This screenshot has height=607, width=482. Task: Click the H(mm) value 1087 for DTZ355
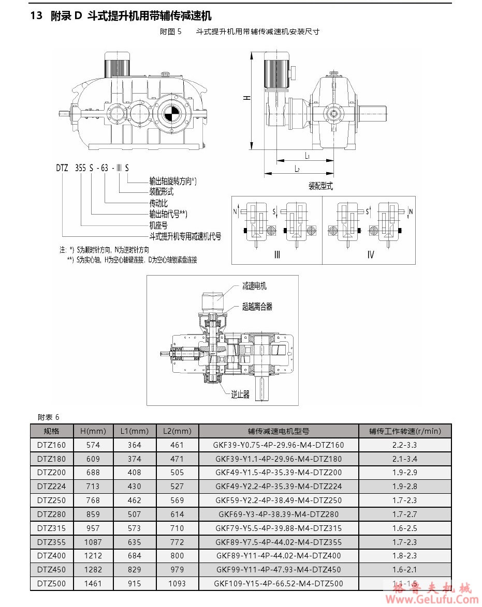click(x=93, y=542)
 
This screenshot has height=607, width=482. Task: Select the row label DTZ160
click(x=51, y=445)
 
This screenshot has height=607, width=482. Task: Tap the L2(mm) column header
click(x=177, y=431)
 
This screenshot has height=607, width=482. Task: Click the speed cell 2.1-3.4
click(x=405, y=459)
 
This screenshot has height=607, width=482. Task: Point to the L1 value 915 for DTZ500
click(x=134, y=584)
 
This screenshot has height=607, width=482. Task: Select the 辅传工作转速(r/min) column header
click(x=405, y=431)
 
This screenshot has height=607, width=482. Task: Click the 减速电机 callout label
click(x=254, y=286)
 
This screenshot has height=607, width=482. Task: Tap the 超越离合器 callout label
click(x=257, y=307)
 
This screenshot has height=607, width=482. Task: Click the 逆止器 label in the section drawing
click(x=240, y=394)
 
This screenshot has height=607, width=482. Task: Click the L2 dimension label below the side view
click(x=297, y=169)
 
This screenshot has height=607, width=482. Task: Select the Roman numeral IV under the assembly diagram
click(x=370, y=254)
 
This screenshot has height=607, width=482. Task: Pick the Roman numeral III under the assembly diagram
click(x=277, y=254)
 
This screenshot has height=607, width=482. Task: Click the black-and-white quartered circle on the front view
click(x=170, y=113)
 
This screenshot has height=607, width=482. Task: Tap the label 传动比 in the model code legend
click(x=158, y=203)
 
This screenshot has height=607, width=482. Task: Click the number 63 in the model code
click(x=105, y=168)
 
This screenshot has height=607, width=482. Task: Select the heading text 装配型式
click(x=321, y=186)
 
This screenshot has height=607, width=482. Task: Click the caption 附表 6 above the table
click(x=49, y=417)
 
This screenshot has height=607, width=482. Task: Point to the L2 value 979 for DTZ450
click(x=177, y=570)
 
